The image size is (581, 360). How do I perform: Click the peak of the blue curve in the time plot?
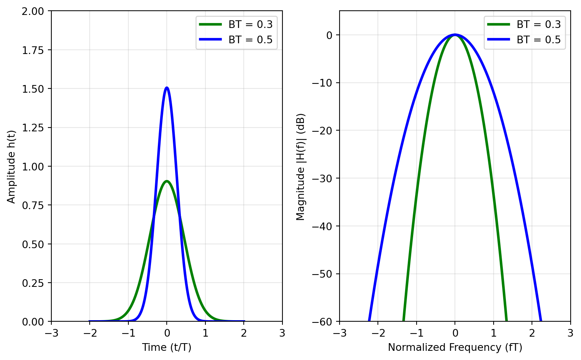coord(167,88)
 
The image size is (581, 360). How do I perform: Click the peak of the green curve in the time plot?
coord(167,181)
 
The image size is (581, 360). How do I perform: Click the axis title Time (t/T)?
coord(167,347)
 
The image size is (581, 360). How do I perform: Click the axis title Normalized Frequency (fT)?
coord(455,347)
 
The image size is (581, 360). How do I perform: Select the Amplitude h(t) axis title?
coord(11,167)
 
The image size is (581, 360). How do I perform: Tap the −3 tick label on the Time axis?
coord(51,332)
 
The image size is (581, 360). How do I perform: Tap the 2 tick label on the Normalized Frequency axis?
coord(532,332)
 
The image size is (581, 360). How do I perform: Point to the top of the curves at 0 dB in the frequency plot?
coord(455,35)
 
